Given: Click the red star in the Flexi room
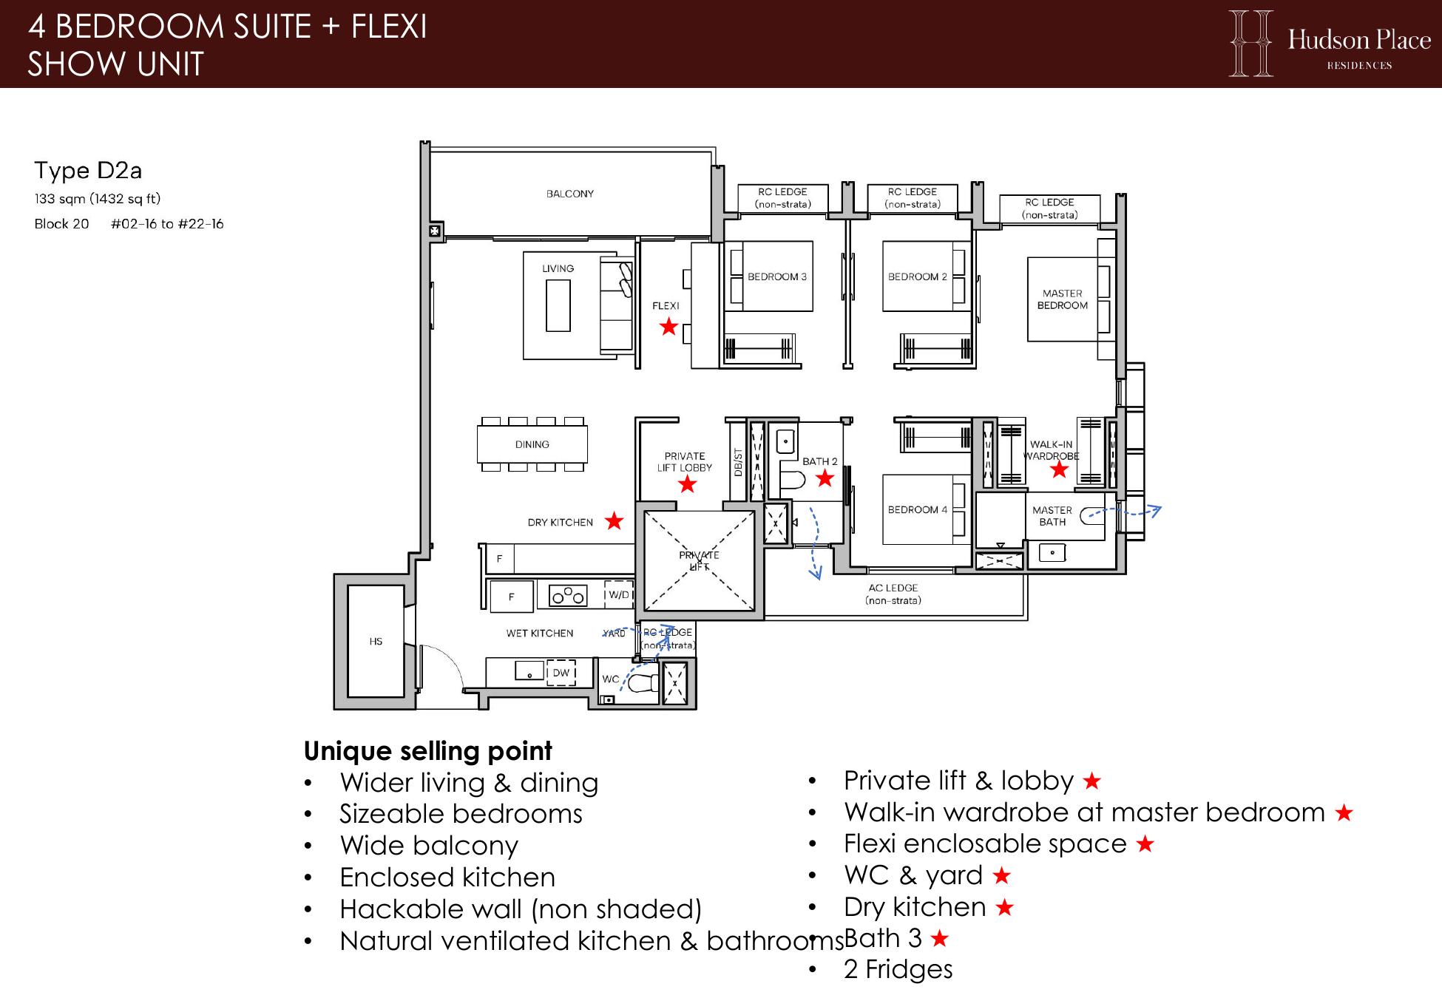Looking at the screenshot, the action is pos(668,326).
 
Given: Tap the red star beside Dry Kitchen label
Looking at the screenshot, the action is pos(614,521).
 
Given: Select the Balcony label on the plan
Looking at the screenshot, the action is pos(570,194).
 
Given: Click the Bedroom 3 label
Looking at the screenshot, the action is pos(776,276).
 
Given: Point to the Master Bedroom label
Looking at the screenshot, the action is pos(1063,299).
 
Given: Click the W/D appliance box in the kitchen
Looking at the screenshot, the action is pos(619,595).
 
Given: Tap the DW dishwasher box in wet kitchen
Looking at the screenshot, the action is pos(561,673).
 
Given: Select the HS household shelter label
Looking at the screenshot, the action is pos(376,641).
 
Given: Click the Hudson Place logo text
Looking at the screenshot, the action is pos(1359,39).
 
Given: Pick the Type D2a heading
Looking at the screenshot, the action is pos(88,171).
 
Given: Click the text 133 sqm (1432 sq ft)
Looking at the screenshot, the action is pos(98,199).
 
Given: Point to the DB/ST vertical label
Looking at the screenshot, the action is pos(737,462).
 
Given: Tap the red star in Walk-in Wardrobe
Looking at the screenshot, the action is pos(1059,469).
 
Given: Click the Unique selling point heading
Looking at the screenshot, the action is pos(427,751).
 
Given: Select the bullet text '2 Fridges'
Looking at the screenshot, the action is pos(898,969).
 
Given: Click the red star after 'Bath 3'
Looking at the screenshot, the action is pos(939,939).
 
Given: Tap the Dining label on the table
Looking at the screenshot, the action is pos(532,444).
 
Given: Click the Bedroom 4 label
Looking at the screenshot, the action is pos(918,509).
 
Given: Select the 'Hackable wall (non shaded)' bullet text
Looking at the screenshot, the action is pos(521,909).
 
